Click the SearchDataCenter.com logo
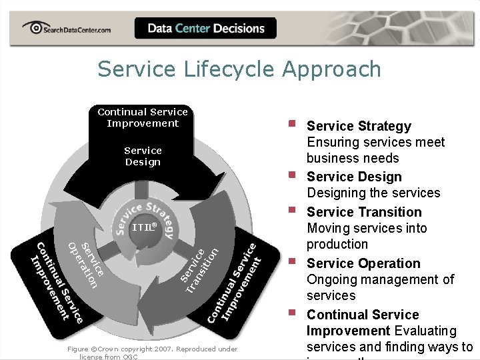(x=66, y=28)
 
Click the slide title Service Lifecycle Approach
(x=239, y=69)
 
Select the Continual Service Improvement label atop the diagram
(x=143, y=117)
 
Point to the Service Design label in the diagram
(x=143, y=156)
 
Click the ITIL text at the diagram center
(x=144, y=227)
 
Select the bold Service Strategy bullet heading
(x=359, y=126)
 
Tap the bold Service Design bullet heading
(x=354, y=177)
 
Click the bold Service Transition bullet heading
(x=364, y=212)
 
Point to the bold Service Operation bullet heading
(x=363, y=263)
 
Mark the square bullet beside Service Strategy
(x=291, y=123)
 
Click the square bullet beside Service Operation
(x=291, y=261)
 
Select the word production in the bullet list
(x=337, y=244)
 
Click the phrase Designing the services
(x=373, y=193)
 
